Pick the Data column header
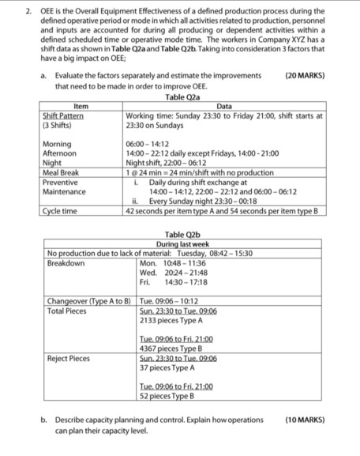click(223, 106)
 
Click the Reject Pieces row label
click(69, 357)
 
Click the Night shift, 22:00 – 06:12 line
click(169, 164)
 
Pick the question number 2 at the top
click(28, 11)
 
